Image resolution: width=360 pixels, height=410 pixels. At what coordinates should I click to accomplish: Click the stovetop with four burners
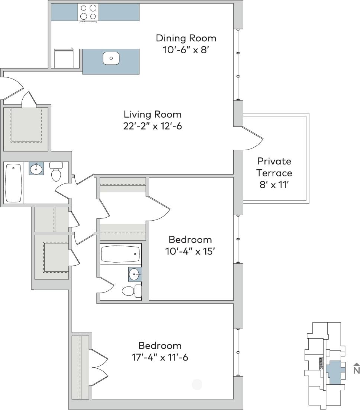(89, 12)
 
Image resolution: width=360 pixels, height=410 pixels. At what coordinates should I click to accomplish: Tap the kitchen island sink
(111, 58)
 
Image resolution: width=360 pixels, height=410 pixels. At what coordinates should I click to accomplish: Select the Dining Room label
(186, 38)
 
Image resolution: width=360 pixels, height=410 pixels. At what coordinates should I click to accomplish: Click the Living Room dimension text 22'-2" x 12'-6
(152, 126)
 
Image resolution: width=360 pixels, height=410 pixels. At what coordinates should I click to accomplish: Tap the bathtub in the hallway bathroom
(14, 183)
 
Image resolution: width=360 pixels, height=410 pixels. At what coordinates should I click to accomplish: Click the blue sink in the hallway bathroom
(36, 169)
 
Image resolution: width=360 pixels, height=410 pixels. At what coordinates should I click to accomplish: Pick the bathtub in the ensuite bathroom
(120, 254)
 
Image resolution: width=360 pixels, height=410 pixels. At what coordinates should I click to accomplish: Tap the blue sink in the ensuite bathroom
(135, 275)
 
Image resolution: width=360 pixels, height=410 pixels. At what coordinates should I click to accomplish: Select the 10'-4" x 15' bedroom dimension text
(190, 252)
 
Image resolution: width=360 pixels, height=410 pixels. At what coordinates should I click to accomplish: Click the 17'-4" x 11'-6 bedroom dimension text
(160, 358)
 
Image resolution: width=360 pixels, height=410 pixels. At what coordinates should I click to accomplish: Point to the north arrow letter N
(356, 370)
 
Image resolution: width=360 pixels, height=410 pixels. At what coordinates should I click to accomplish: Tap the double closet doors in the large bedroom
(99, 366)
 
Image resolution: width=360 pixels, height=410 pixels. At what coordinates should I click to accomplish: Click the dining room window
(238, 65)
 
